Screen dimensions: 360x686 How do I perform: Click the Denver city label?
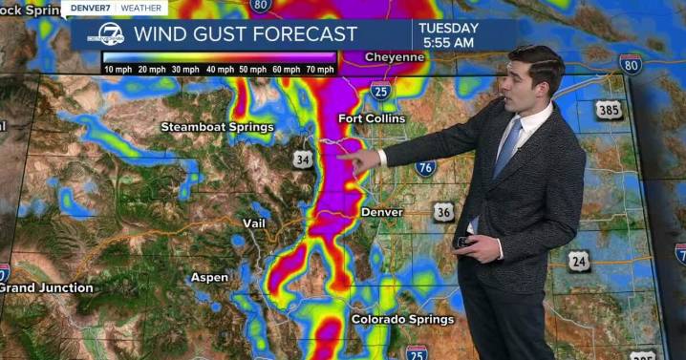382,211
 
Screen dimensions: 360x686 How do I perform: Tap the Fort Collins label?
372,118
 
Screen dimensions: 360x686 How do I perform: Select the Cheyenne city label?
394,57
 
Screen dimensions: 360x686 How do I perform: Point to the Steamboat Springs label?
217,127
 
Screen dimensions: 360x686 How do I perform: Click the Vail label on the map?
253,222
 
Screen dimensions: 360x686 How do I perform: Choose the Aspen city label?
209,278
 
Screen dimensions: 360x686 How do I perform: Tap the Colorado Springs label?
402,319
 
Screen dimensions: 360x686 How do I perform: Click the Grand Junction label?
46,287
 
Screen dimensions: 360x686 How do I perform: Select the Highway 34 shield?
303,159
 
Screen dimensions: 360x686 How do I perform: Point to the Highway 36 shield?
442,211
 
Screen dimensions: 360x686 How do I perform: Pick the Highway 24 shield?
578,260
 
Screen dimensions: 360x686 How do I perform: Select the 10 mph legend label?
118,70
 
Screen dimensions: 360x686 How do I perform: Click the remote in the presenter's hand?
465,243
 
